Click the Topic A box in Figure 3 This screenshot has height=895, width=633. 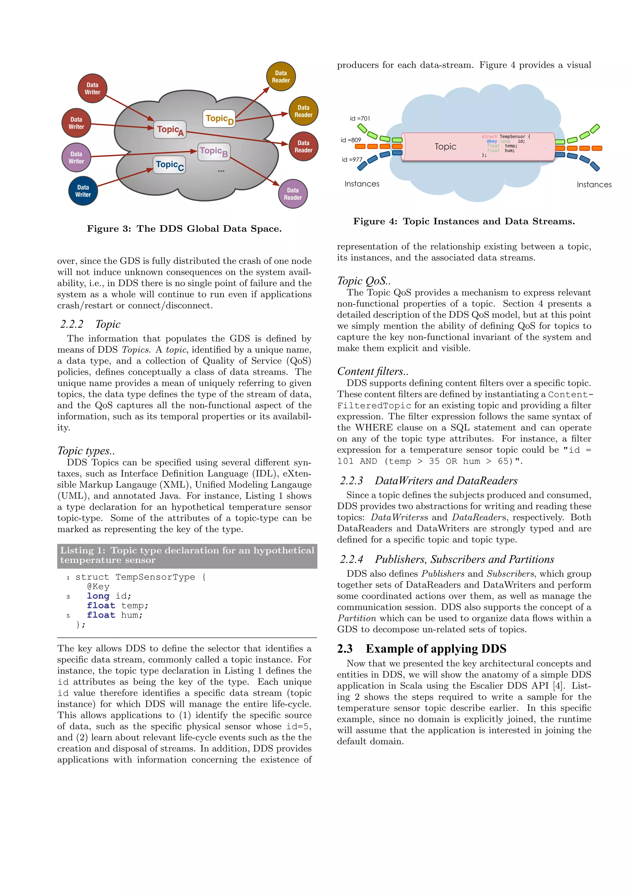pyautogui.click(x=170, y=130)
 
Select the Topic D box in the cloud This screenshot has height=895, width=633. pyautogui.click(x=219, y=119)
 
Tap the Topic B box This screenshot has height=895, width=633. pyautogui.click(x=213, y=152)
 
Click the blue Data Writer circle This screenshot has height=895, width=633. pyautogui.click(x=83, y=191)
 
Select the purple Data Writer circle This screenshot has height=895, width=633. pyautogui.click(x=76, y=158)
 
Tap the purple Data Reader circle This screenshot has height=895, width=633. pyautogui.click(x=292, y=194)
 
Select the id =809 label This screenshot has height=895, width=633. pyautogui.click(x=350, y=140)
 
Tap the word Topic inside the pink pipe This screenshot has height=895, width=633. pyautogui.click(x=445, y=147)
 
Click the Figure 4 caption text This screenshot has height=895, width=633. pyautogui.click(x=464, y=221)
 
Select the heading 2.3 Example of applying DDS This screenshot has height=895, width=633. pyautogui.click(x=422, y=649)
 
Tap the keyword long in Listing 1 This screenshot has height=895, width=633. pyautogui.click(x=98, y=596)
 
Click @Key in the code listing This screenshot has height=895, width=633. pyautogui.click(x=98, y=587)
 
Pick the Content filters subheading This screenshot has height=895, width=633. pyautogui.click(x=372, y=372)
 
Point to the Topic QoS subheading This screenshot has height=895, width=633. pyautogui.click(x=363, y=281)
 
